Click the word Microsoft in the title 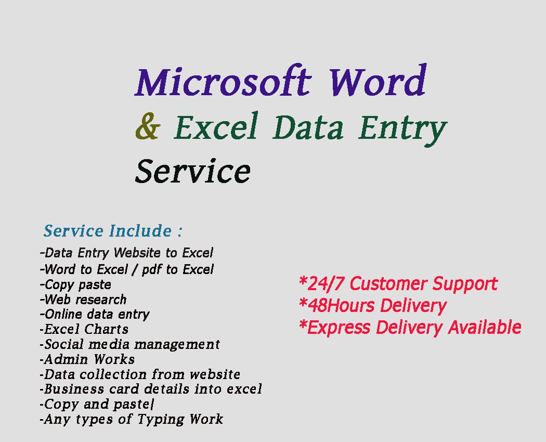223,82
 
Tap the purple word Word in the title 377,82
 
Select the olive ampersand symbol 147,127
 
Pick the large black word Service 192,171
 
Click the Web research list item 83,300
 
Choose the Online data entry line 95,314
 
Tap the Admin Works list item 87,359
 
